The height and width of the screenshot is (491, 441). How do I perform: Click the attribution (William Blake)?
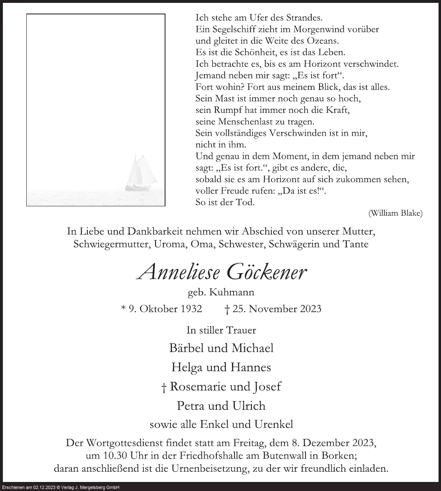point(395,213)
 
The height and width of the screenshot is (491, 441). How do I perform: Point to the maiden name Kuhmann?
point(232,292)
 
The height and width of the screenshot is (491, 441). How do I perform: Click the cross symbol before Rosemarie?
point(164,387)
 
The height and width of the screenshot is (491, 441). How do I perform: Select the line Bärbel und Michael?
point(221,348)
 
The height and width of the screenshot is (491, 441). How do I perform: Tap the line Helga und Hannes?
point(221,367)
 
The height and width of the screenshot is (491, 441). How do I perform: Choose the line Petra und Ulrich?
point(221,406)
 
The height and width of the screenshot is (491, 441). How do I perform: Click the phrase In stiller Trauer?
point(221,329)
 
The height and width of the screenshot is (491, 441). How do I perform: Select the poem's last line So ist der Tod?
point(225,202)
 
